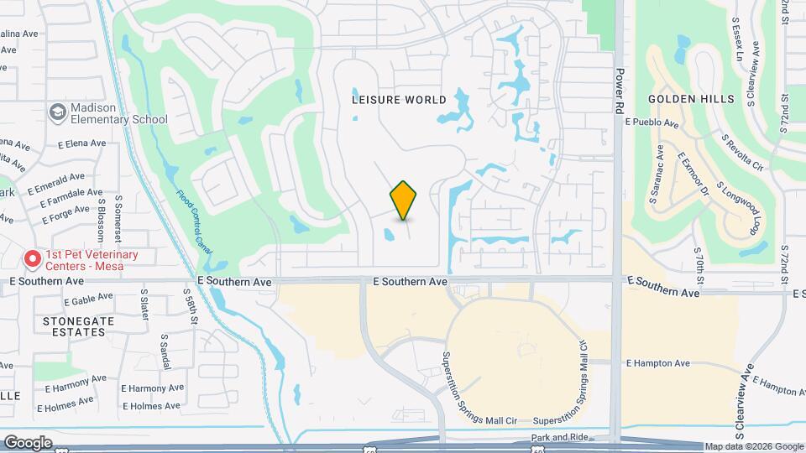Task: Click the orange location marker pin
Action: click(x=404, y=200)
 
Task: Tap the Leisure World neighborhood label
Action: click(x=399, y=99)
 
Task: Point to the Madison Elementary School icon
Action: click(x=57, y=112)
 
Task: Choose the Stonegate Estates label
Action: click(x=71, y=326)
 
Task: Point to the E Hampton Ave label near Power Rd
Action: click(x=657, y=363)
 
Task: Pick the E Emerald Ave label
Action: click(x=56, y=178)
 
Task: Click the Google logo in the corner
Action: click(x=28, y=443)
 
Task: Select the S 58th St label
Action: click(x=192, y=308)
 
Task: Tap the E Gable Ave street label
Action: click(x=87, y=298)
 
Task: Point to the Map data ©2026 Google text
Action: click(x=754, y=446)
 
